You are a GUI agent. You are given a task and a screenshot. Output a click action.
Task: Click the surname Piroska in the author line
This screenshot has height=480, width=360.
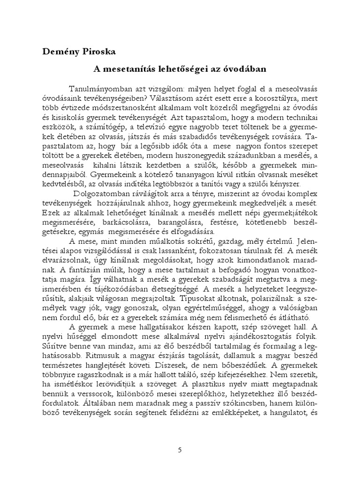(x=93, y=51)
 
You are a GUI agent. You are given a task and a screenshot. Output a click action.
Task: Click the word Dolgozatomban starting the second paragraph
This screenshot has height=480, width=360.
(x=102, y=194)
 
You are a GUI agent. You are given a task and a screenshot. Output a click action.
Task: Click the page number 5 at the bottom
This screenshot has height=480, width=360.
(x=180, y=450)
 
